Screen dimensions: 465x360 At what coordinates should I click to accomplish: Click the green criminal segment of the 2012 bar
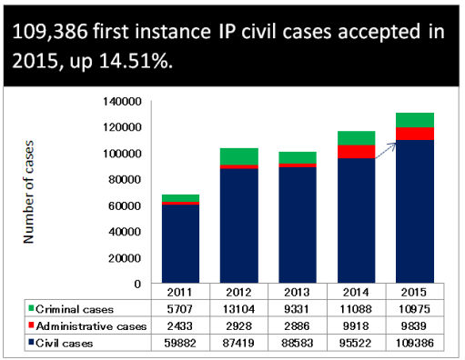point(239,156)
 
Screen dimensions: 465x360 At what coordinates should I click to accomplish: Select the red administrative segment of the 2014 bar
point(357,152)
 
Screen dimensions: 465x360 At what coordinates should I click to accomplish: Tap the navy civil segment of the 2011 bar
point(180,244)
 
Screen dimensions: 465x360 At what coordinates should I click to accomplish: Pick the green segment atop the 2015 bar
point(415,120)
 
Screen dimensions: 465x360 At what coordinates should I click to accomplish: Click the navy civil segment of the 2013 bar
point(298,225)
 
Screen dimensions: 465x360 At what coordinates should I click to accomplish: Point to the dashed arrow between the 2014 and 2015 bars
point(386,150)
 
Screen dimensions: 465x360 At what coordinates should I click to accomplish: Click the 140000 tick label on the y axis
point(122,102)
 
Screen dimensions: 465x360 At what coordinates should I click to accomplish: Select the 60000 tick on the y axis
point(125,206)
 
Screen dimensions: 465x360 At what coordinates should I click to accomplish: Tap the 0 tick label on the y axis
point(137,285)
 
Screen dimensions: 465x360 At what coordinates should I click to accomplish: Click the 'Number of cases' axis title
point(28,192)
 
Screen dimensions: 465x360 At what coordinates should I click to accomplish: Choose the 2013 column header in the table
point(297,292)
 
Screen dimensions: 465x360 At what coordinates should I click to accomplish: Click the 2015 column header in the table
point(414,292)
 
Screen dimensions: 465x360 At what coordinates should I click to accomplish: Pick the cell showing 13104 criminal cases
point(238,309)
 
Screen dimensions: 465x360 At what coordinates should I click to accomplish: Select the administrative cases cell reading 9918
point(356,326)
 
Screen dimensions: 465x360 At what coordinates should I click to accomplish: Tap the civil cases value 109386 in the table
point(415,343)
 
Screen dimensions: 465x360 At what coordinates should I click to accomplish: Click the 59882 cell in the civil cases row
point(180,343)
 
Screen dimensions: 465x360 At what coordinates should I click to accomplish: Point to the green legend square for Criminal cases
point(31,308)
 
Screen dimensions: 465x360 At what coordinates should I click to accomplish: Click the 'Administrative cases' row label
point(91,326)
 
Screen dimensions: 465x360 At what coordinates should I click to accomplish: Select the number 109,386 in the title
point(50,32)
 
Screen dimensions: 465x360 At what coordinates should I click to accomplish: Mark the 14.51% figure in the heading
point(136,61)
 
